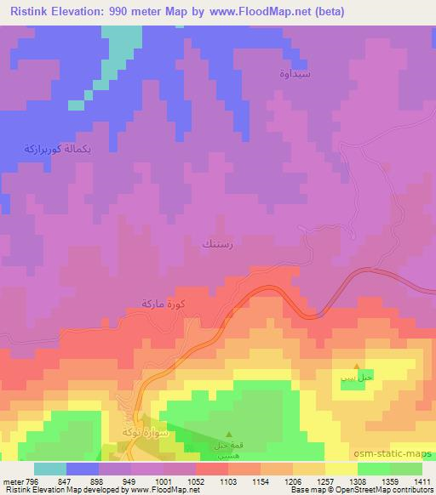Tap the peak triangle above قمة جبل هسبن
click(x=228, y=435)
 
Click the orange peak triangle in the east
click(x=356, y=367)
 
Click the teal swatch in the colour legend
click(x=49, y=469)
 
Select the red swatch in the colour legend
click(x=212, y=469)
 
